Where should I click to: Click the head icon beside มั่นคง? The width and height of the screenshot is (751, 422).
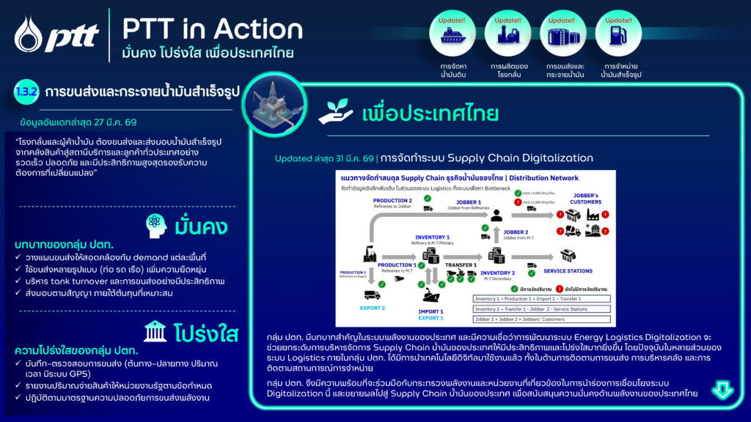click(154, 225)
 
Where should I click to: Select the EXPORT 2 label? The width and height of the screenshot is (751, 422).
click(373, 308)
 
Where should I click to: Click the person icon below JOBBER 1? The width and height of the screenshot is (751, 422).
click(497, 215)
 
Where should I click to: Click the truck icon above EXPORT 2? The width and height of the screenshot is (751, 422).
click(372, 295)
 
